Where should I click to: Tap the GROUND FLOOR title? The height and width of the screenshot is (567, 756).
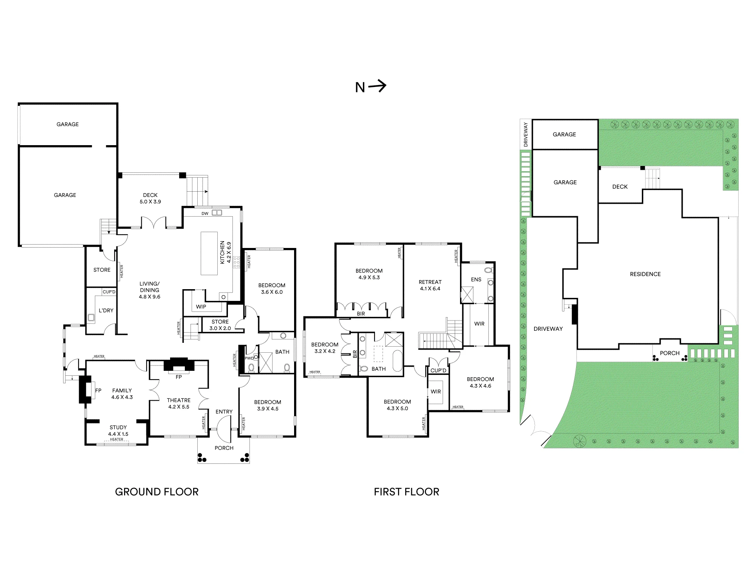pos(157,492)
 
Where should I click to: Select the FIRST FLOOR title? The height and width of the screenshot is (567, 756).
pos(407,492)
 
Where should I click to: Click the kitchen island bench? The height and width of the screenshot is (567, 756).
pos(209,253)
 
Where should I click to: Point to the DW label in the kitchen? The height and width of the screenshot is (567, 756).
pos(205,214)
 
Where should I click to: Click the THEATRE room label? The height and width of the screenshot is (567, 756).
pos(179,400)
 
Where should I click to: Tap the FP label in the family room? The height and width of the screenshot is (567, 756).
pos(98,390)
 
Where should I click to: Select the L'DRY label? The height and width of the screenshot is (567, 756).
pos(106,310)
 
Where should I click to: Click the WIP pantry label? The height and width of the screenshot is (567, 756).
pos(201,307)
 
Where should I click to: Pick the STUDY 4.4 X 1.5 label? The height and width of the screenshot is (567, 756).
pos(118,431)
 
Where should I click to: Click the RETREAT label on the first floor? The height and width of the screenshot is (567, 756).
pos(430,282)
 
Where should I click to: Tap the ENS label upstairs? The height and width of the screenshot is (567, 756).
pos(476,279)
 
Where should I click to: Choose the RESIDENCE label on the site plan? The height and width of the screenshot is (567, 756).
pos(645,274)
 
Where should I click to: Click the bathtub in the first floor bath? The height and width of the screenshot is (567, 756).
pos(398,361)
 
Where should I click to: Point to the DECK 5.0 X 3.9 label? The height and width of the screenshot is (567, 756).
pos(150,198)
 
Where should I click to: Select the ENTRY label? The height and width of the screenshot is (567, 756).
pos(224,412)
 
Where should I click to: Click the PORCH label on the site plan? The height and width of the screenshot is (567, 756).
pos(670,353)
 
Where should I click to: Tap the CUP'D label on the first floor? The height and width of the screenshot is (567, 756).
pos(438,370)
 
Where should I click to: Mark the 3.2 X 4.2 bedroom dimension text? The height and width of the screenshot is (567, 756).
pos(325,351)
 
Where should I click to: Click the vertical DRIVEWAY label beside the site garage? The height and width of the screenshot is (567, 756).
pos(526,135)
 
